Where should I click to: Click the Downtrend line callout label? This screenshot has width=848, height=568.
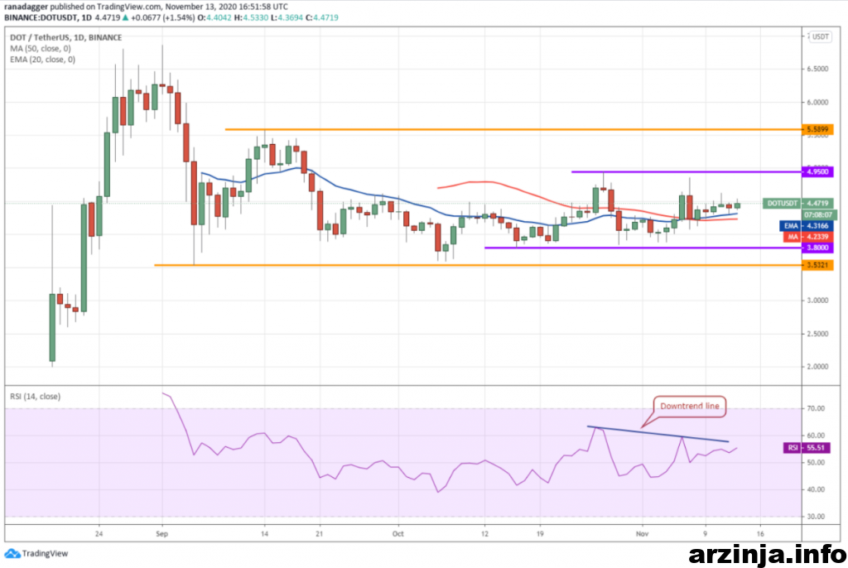pos(689,406)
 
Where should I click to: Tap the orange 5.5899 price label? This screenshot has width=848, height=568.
pos(819,129)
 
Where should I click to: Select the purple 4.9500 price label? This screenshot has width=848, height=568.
pos(819,171)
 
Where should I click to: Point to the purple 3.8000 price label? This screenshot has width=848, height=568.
pos(819,247)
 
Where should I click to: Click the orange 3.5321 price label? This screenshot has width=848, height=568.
pos(819,265)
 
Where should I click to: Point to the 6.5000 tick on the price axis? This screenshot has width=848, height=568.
pos(820,70)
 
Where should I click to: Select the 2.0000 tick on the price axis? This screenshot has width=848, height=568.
pos(820,367)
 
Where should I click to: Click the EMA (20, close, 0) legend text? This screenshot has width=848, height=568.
pos(42,59)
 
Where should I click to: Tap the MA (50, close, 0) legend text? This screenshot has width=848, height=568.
pos(41,48)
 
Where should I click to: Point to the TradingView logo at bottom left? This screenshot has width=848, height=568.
pos(37,553)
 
